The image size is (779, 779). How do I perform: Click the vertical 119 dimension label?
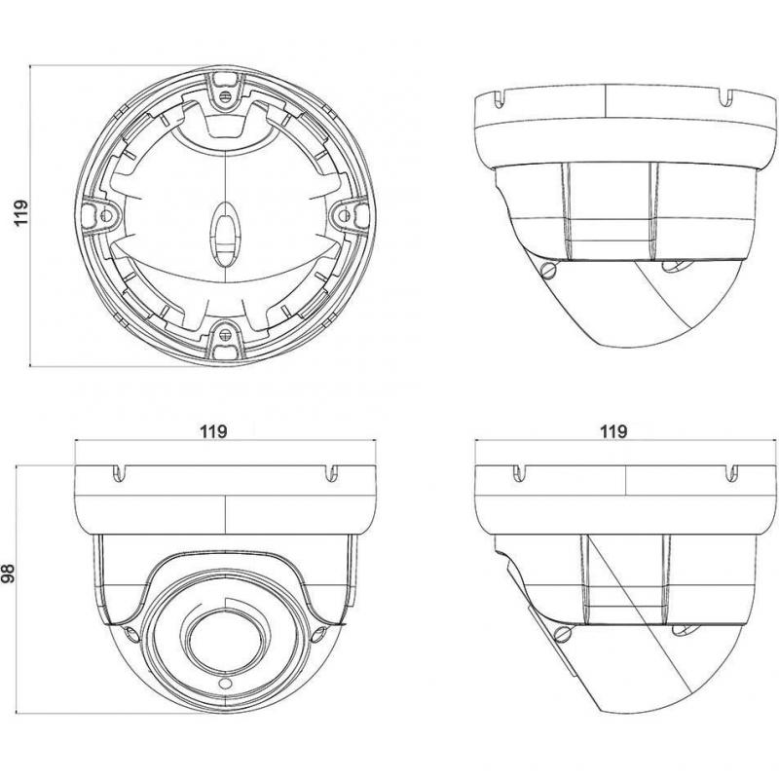point(20,213)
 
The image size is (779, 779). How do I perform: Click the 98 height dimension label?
point(9,573)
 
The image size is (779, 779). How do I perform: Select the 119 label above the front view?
point(213,431)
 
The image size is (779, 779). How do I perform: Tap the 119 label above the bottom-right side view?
point(613,431)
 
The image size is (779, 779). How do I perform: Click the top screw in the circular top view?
point(225,95)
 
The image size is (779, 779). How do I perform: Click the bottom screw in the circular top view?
point(225,333)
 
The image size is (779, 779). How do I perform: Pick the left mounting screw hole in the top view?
point(106,214)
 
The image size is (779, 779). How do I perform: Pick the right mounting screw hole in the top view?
point(345,214)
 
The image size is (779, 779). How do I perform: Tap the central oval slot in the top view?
point(226,235)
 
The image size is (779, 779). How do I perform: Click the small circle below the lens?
point(225,685)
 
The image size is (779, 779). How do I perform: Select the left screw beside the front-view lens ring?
point(131,635)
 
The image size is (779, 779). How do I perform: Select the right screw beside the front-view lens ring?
point(318,635)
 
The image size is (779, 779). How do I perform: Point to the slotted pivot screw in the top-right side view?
point(549,270)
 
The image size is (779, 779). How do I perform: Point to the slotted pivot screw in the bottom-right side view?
point(563,634)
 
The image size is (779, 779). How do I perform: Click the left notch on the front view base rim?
point(119,473)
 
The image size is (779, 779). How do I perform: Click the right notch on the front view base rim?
point(332,473)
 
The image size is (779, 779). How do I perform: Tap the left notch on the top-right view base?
point(501,99)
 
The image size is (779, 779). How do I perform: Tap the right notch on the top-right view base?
point(726,97)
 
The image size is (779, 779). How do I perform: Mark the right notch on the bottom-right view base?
point(731,473)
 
